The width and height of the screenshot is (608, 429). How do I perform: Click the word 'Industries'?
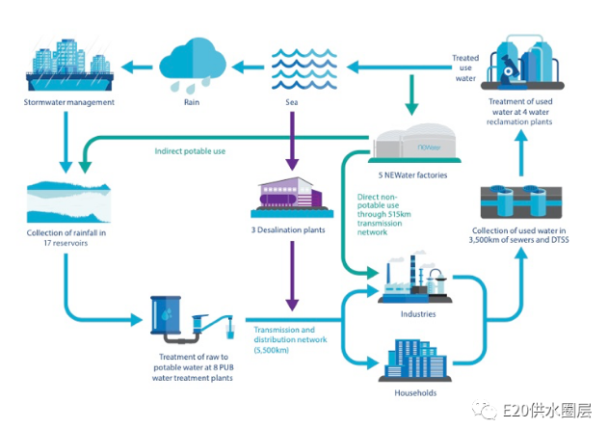417,313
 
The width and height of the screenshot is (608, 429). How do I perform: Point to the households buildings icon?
417,358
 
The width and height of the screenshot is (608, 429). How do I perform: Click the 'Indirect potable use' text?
191,151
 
